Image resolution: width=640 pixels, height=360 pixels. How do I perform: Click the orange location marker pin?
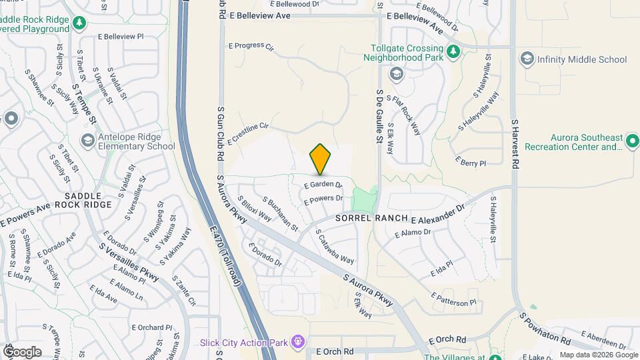pyautogui.click(x=320, y=159)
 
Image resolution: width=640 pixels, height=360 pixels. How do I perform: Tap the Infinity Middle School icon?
pyautogui.click(x=527, y=59)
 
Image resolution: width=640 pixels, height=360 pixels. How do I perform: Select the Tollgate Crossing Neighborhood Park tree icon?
pyautogui.click(x=453, y=51)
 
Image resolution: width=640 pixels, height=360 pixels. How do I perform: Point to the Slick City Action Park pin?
pyautogui.click(x=297, y=343)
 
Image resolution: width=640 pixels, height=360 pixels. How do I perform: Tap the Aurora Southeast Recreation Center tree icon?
pyautogui.click(x=632, y=141)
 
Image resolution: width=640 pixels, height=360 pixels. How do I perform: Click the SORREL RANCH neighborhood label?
pyautogui.click(x=371, y=218)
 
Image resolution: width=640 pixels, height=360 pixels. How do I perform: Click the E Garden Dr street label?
pyautogui.click(x=323, y=185)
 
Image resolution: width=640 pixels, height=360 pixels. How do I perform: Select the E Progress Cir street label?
pyautogui.click(x=251, y=47)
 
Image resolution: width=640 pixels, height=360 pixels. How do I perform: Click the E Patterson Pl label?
pyautogui.click(x=453, y=299)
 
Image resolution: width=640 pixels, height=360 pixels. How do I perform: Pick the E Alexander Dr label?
pyautogui.click(x=437, y=215)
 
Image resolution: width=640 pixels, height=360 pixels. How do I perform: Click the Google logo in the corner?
pyautogui.click(x=22, y=351)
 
